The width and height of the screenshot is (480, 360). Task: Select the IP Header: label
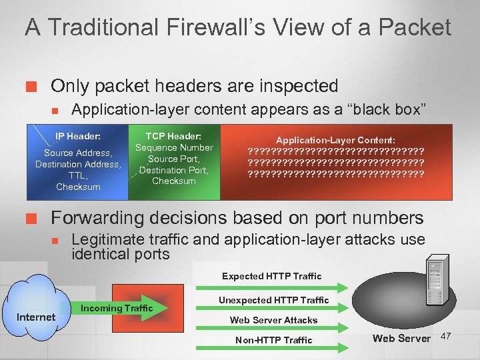coord(78,136)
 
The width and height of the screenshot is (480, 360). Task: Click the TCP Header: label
coord(174,135)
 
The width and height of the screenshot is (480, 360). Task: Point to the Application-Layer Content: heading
coord(335,141)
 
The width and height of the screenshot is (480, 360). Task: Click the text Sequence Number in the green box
coord(174,147)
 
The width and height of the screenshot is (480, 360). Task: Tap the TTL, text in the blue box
coord(78,175)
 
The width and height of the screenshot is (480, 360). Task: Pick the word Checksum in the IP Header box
coord(78,187)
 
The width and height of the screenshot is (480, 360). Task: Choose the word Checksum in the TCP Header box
coord(174,181)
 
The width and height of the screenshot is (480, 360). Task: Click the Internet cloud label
coord(36,317)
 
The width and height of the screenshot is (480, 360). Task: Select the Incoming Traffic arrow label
coord(117,308)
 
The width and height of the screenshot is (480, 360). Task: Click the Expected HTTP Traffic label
coord(271,276)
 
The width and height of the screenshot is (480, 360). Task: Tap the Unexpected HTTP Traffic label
coord(273,300)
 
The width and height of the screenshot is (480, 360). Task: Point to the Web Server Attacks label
coord(273,320)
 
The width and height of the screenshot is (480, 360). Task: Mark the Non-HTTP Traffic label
coord(273,340)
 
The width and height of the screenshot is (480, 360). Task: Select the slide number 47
coord(447,335)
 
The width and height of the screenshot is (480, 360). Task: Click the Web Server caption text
coord(401,338)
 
